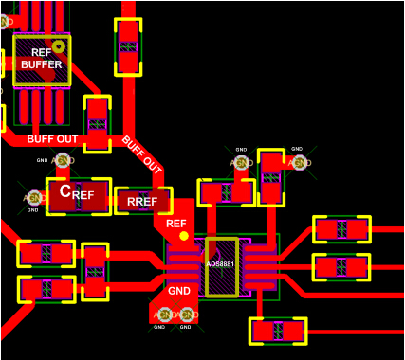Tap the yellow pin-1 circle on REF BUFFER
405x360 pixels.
tap(59, 45)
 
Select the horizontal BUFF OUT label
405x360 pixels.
tap(52, 139)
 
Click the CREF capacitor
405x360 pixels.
tap(78, 195)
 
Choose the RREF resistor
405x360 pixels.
tap(142, 201)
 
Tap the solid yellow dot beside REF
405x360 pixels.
tap(184, 235)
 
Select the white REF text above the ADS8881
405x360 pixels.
tap(176, 224)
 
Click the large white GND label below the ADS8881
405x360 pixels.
tap(179, 291)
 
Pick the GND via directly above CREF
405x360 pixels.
tap(64, 162)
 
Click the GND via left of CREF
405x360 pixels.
tap(34, 197)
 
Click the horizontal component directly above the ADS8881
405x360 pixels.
tap(226, 192)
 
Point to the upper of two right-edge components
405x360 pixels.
tap(341, 229)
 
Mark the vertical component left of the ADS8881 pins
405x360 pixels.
tap(95, 271)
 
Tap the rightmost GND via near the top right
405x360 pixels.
tap(300, 163)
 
